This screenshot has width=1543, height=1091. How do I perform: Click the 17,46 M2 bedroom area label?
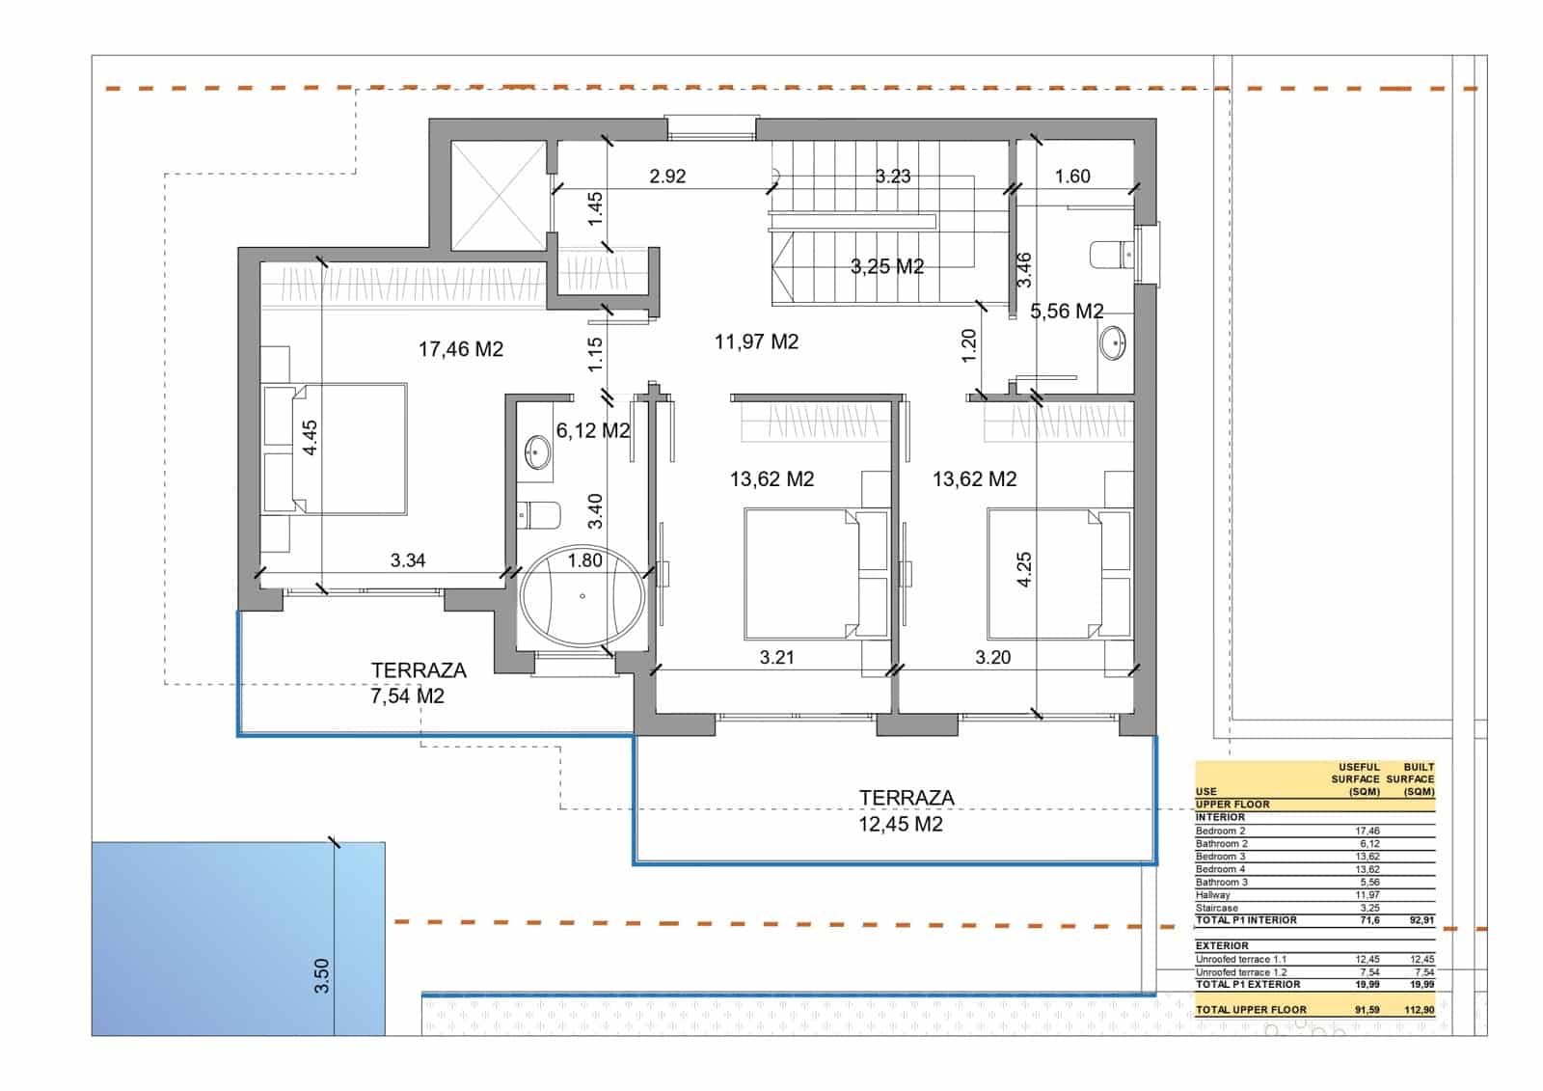pos(460,349)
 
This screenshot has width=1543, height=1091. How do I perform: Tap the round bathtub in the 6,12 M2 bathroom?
pos(582,597)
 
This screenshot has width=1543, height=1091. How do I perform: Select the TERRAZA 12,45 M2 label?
pos(901,810)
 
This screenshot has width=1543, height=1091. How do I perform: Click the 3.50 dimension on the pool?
pos(322,975)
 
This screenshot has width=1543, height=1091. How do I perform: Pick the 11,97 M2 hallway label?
pos(756,341)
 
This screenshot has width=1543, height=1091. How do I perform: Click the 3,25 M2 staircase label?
pos(887,266)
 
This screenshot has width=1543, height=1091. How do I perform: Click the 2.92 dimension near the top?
pos(667,177)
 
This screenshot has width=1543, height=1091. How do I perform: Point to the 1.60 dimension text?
pos(1071,177)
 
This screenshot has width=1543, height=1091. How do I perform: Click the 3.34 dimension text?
pos(408,560)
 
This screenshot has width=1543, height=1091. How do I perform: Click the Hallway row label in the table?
pos(1212,895)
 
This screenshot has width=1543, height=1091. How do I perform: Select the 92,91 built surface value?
pos(1421,920)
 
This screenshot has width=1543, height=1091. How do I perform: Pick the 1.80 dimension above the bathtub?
pos(584,560)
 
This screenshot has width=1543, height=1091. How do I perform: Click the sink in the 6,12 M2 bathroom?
pos(537,452)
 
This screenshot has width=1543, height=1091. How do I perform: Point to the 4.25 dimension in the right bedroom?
pos(1024,569)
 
